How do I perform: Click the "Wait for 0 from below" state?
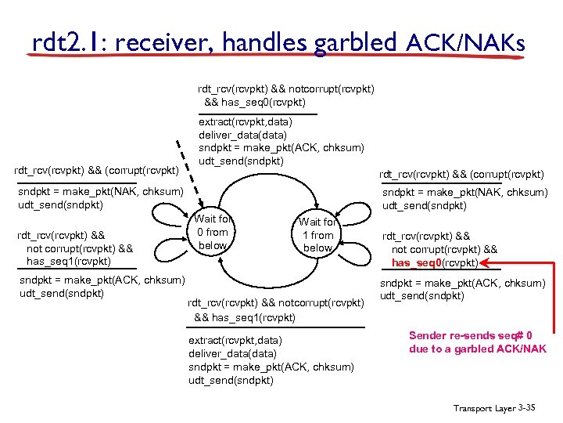coord(213,232)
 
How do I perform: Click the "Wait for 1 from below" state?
coord(317,235)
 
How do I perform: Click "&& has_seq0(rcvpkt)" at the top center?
coord(255,102)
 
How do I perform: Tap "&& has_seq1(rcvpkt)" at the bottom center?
coord(245,317)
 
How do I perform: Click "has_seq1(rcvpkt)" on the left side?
coord(69,261)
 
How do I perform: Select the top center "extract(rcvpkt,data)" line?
coord(246,122)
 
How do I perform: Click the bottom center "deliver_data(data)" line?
coord(232,353)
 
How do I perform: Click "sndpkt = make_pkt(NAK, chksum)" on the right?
coord(464,193)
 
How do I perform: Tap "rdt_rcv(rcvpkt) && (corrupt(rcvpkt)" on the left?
coord(97,170)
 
